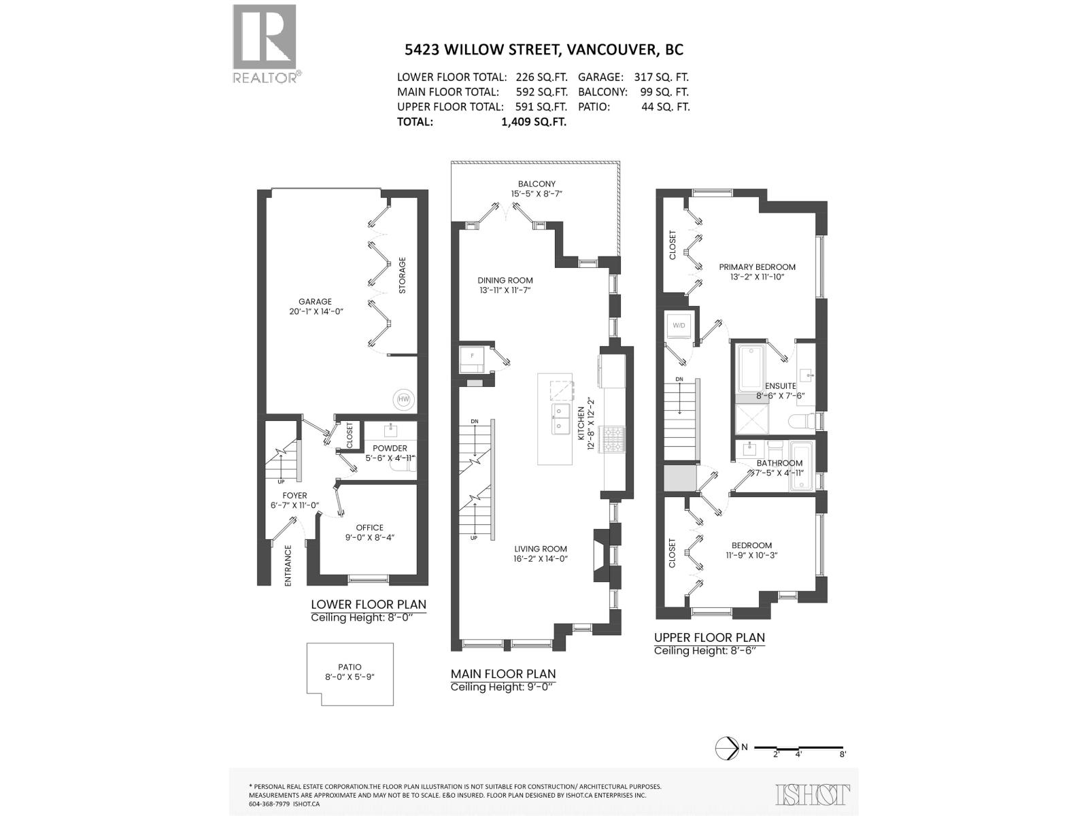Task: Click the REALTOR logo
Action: [265, 42]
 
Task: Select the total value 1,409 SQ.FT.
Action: [533, 122]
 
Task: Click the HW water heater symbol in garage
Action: [403, 399]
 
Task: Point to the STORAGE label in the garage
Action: [402, 275]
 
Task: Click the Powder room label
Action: [390, 448]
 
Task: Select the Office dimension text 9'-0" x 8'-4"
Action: [369, 537]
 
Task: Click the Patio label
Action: [350, 666]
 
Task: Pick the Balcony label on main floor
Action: [537, 184]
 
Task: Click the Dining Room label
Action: [505, 280]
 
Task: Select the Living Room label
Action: [540, 549]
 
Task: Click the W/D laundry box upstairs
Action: [679, 326]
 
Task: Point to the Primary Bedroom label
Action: [757, 267]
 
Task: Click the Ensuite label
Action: [780, 386]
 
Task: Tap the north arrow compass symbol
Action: [726, 747]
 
